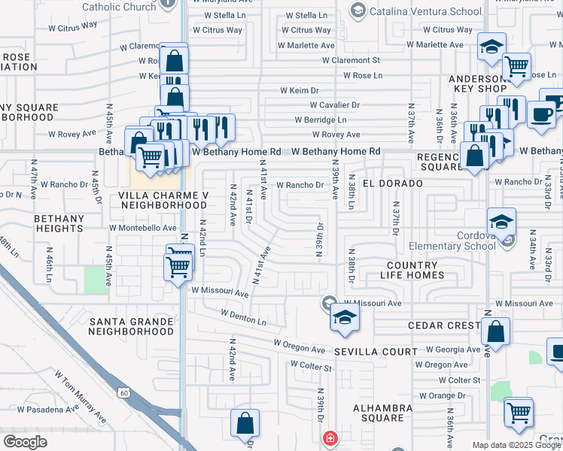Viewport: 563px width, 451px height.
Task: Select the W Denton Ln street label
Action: coord(243,316)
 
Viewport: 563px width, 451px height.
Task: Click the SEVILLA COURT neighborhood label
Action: coord(376,352)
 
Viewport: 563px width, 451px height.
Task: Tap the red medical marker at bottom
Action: coord(330,438)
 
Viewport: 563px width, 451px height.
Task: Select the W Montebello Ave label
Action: coord(142,228)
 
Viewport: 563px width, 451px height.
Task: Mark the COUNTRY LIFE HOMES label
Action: coord(412,271)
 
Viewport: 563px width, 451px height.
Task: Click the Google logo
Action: coord(25,442)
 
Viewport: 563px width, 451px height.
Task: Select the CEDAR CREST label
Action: coord(443,325)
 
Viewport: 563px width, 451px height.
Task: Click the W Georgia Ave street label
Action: coord(454,350)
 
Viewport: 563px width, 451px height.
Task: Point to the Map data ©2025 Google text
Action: coord(515,445)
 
